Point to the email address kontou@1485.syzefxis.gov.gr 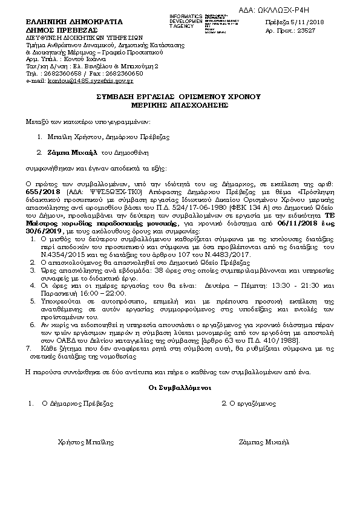91,80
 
